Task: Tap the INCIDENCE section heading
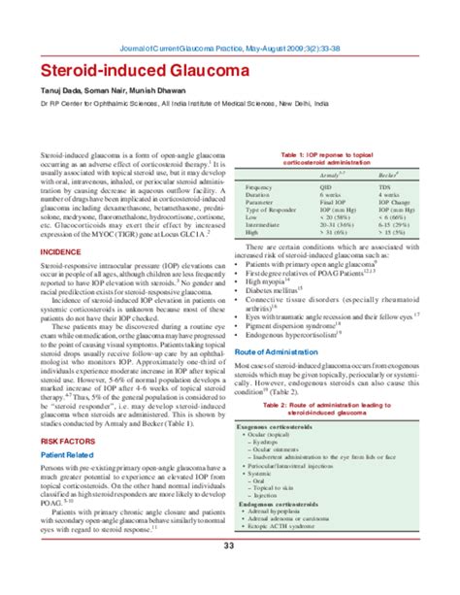click(60, 250)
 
